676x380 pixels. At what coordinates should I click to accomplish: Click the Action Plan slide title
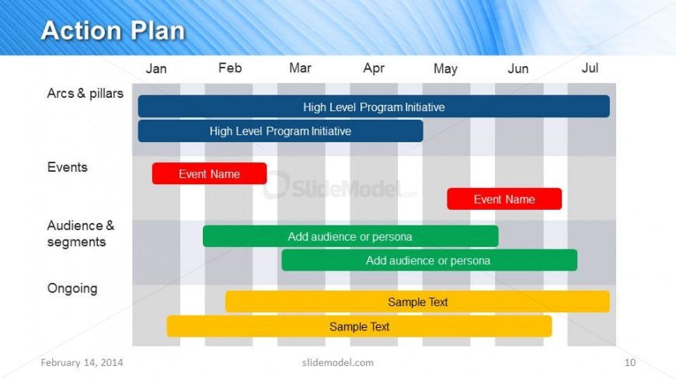(x=113, y=30)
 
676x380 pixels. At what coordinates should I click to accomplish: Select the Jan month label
(x=155, y=68)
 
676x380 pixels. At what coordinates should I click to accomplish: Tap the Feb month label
(x=230, y=68)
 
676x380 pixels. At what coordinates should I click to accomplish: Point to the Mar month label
(x=300, y=68)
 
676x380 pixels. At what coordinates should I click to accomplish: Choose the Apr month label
(x=373, y=68)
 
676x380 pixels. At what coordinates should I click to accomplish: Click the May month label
(x=445, y=68)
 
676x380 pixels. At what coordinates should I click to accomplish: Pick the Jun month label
(x=517, y=68)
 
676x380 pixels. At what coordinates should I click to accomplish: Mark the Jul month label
(x=590, y=68)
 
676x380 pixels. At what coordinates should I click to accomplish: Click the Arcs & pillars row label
(x=85, y=93)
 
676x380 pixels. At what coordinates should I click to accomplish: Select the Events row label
(x=68, y=167)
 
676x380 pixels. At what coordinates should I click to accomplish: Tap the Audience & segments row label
(x=81, y=234)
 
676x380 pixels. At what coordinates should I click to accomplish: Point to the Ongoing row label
(x=72, y=288)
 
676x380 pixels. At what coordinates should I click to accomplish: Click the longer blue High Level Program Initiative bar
(x=374, y=106)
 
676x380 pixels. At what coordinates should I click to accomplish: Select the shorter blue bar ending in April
(x=281, y=131)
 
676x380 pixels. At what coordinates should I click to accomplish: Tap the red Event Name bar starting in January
(x=209, y=173)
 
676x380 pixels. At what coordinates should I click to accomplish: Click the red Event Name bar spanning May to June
(x=504, y=199)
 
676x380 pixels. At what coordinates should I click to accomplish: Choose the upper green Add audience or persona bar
(x=350, y=236)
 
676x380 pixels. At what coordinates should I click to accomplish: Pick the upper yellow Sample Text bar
(x=417, y=302)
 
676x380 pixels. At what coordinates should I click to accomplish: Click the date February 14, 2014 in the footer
(x=82, y=363)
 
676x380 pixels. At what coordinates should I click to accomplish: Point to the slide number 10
(x=630, y=362)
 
